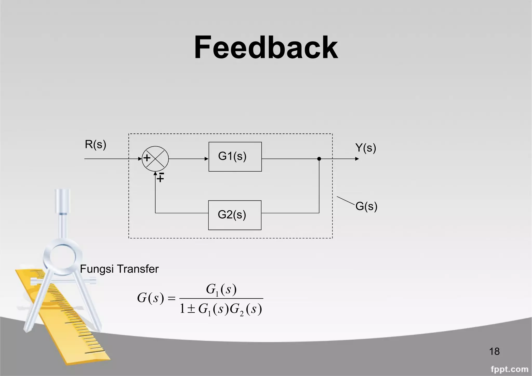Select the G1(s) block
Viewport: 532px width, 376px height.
click(x=235, y=157)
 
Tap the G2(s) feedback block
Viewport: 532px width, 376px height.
click(x=235, y=215)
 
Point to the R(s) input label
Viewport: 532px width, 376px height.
click(x=95, y=144)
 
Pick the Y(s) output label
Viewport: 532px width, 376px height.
click(x=365, y=148)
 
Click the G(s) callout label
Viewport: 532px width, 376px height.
click(x=366, y=206)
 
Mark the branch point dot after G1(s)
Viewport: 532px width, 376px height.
click(x=319, y=159)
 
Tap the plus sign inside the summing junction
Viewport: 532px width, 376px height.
click(x=147, y=158)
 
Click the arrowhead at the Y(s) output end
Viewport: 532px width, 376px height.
click(x=357, y=159)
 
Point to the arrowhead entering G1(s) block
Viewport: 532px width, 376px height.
click(x=207, y=159)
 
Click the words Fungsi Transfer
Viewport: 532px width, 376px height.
click(x=119, y=269)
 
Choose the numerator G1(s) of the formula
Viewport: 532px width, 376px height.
click(x=221, y=290)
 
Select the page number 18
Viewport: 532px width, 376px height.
click(x=494, y=352)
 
